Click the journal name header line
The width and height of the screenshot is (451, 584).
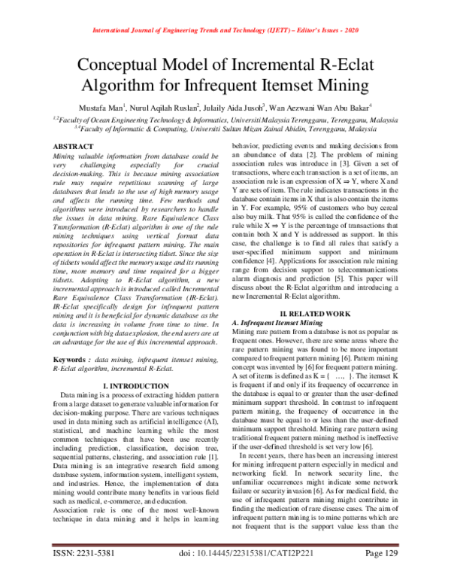pos(225,31)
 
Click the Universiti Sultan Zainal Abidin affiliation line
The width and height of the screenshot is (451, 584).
pos(225,128)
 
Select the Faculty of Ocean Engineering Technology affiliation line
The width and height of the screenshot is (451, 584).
pos(225,119)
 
